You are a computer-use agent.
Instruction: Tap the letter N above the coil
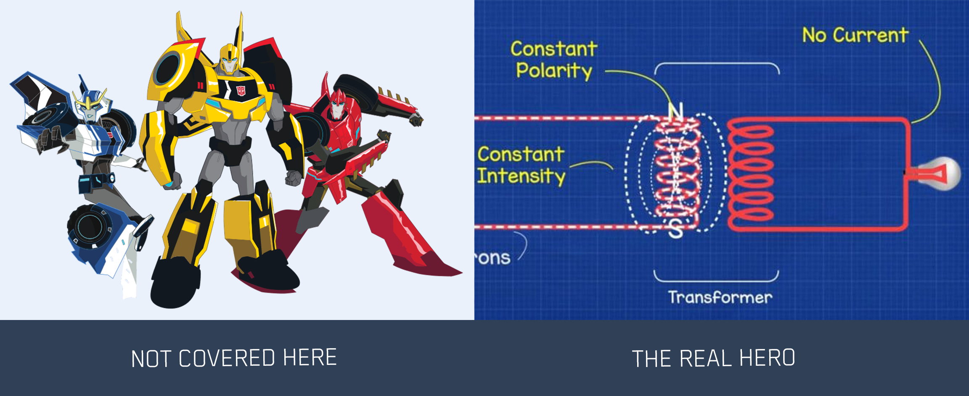point(676,111)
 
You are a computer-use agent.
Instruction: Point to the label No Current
point(855,35)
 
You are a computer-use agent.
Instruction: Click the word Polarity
point(554,71)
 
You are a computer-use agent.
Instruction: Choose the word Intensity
point(521,176)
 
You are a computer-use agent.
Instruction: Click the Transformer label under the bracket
point(720,297)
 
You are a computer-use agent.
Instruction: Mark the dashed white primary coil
point(676,172)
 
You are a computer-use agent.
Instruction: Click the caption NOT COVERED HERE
point(234,358)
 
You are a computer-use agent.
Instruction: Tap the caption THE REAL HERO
point(713,358)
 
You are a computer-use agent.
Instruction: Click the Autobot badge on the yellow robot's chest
point(241,91)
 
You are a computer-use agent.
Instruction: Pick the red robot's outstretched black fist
point(416,120)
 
